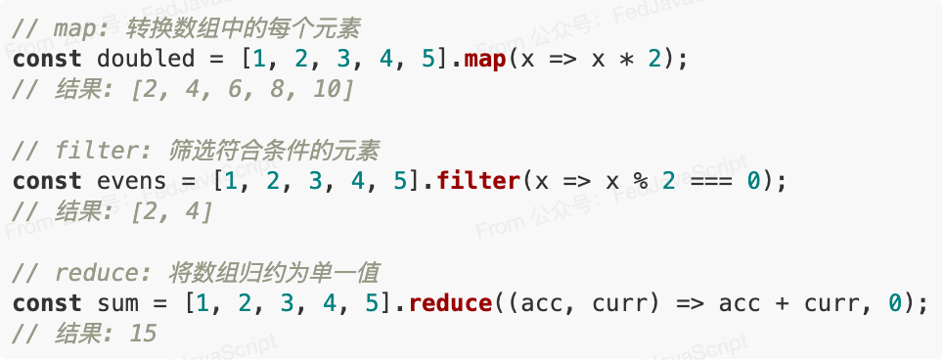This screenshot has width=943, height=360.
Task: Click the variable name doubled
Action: coord(146,60)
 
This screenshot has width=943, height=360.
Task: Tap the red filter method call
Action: coord(478,181)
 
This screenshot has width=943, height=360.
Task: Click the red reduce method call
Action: coord(450,302)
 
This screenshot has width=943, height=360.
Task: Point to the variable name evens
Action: coord(132,182)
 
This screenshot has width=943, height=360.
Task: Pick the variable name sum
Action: coord(117,303)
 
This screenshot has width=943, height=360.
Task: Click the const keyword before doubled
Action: coord(47,60)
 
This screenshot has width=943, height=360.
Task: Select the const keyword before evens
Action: coord(47,182)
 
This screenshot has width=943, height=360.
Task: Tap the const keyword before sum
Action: coord(47,303)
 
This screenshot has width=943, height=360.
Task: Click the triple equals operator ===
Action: coord(711,182)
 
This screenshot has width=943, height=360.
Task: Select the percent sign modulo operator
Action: coord(641,181)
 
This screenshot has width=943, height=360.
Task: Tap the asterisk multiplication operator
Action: coord(626,60)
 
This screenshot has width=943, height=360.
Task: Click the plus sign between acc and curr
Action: coord(782,303)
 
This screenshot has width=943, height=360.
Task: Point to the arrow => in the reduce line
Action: coord(690,303)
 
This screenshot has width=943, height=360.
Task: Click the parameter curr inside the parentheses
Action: coord(620,304)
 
